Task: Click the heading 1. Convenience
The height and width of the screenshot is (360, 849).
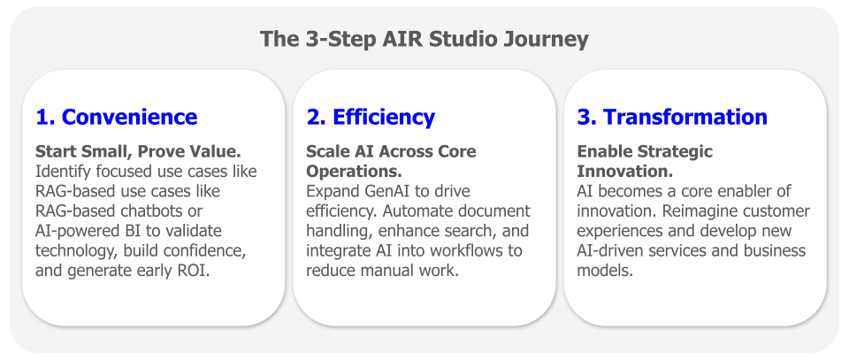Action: (117, 117)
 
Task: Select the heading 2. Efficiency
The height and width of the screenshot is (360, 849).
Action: (371, 117)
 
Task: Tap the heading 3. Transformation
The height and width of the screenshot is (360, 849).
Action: (672, 117)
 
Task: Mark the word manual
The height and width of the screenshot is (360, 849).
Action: (390, 271)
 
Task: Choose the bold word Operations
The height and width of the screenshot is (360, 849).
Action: (354, 172)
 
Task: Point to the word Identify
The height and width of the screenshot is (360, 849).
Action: (61, 172)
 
